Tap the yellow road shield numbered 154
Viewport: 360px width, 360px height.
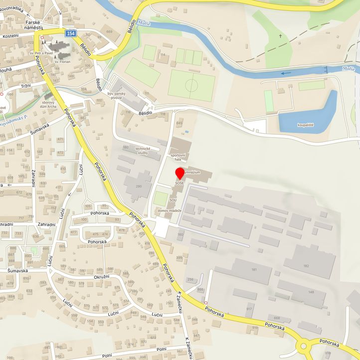click(71, 33)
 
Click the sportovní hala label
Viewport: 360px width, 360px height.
click(178, 158)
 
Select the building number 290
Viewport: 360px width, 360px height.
click(139, 186)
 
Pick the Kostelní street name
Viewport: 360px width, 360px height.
click(10, 36)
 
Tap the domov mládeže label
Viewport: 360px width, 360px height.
click(169, 211)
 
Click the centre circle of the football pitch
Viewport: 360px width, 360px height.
click(191, 85)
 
